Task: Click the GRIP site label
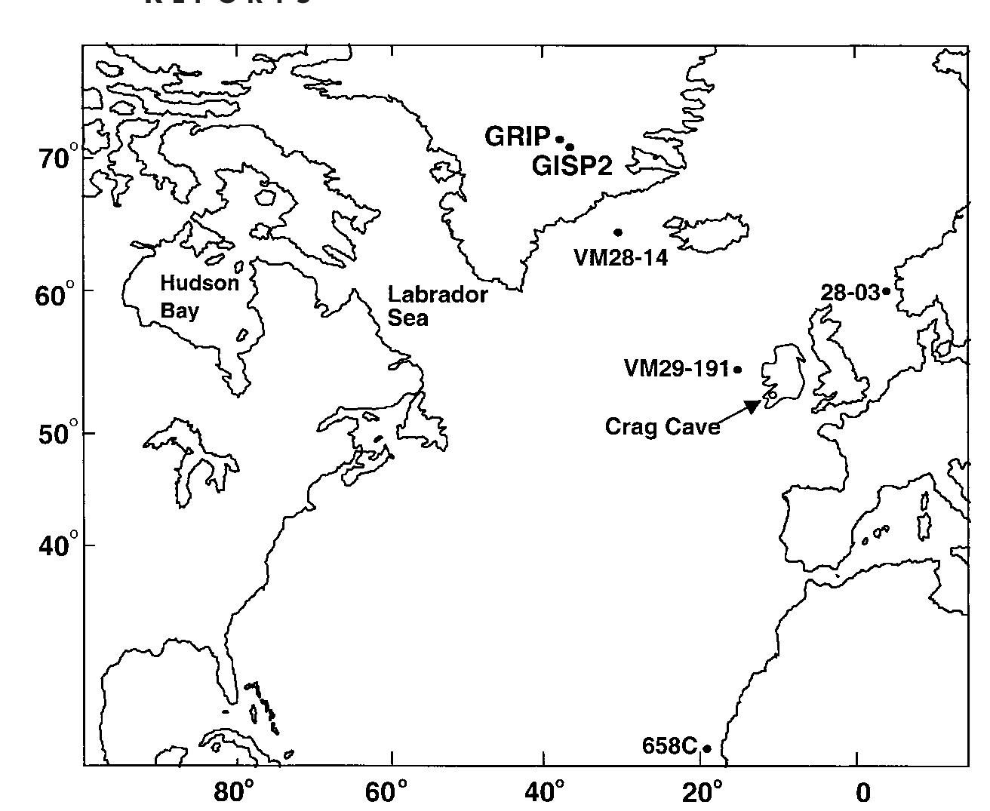pos(517,137)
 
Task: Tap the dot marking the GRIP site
pos(560,139)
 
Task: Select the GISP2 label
pos(572,166)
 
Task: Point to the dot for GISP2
pos(570,147)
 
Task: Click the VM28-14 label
pos(621,258)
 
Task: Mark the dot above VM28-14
pos(618,232)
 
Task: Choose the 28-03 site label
pos(850,293)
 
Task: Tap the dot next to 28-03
pos(887,290)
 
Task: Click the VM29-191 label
pos(677,369)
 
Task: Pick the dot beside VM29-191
pos(737,370)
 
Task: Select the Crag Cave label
pos(662,427)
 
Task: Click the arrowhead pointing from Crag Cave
pos(754,406)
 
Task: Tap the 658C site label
pos(669,746)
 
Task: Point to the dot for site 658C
pos(707,748)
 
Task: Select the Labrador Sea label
pos(438,306)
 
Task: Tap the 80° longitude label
pos(235,792)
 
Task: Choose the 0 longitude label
pos(862,793)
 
